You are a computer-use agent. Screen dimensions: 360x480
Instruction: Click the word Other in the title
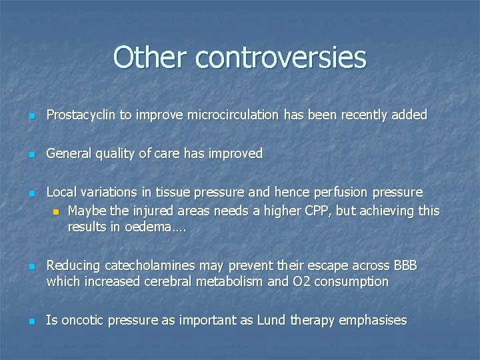(x=151, y=57)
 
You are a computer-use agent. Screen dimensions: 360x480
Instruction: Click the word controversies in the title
(x=281, y=57)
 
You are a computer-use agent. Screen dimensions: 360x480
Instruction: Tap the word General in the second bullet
(x=69, y=154)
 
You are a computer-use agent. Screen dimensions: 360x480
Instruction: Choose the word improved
(x=236, y=154)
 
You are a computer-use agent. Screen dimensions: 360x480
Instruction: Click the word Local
(x=61, y=193)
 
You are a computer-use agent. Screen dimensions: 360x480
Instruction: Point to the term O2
(x=301, y=281)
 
